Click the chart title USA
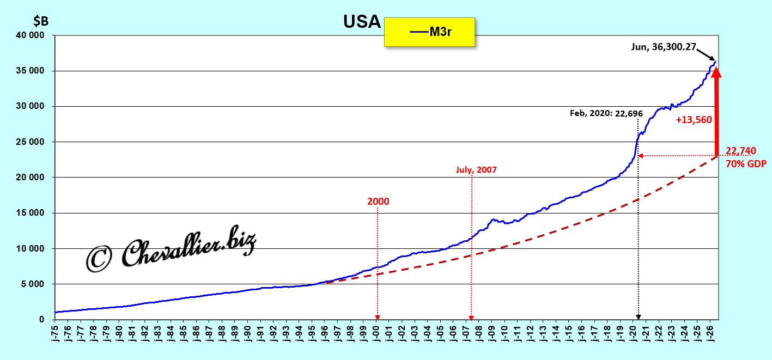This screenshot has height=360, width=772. tap(362, 22)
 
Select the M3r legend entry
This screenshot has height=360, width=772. tap(430, 32)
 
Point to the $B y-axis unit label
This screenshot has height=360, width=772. tap(41, 21)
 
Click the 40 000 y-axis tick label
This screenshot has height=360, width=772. tap(30, 35)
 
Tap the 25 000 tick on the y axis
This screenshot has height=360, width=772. tap(30, 142)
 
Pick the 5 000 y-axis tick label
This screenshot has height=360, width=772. tap(32, 284)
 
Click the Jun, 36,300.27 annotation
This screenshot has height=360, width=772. tap(664, 47)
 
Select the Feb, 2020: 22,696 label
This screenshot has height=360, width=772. tap(606, 113)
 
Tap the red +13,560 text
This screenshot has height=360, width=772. tap(694, 120)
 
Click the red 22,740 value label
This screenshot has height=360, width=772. tap(740, 151)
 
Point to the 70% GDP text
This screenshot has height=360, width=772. tap(746, 163)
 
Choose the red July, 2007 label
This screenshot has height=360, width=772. tap(476, 170)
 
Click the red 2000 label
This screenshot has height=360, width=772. tap(378, 202)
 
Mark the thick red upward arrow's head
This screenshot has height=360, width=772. tap(716, 72)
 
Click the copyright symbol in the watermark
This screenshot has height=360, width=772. tap(99, 259)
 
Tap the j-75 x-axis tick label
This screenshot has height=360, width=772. tap(55, 332)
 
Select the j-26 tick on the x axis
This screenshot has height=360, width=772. tap(710, 332)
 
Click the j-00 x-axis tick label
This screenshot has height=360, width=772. tap(376, 332)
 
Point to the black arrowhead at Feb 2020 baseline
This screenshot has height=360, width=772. tap(639, 317)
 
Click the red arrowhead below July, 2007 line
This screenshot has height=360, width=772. tap(471, 318)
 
